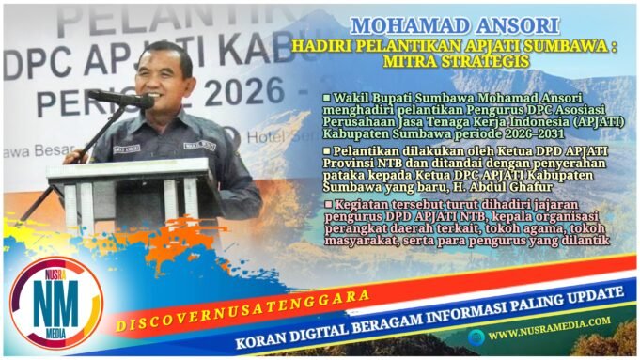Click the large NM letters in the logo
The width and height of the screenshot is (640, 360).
coord(54,304)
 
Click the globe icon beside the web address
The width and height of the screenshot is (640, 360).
coord(476,334)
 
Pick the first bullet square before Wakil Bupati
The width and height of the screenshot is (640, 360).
coord(326,97)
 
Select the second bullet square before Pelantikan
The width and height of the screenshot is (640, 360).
coord(326,149)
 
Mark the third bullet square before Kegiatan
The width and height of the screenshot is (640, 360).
coord(326,203)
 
